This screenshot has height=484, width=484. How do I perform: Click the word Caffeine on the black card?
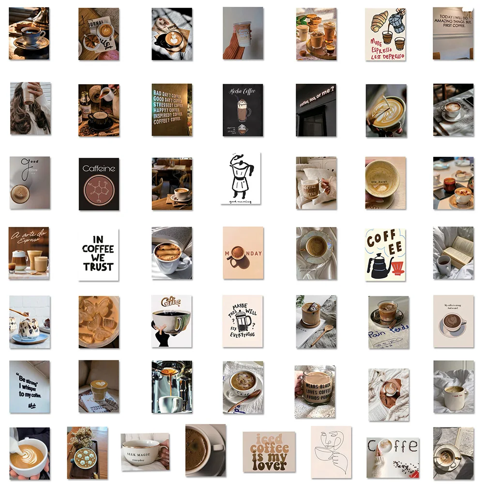99,169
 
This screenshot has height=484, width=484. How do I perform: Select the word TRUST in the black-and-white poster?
98,267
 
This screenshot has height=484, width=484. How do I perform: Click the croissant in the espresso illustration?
379,22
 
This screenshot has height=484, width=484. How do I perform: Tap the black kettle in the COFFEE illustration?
378,266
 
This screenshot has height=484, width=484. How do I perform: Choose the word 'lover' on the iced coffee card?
268,466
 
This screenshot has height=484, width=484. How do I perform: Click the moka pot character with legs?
241,178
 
